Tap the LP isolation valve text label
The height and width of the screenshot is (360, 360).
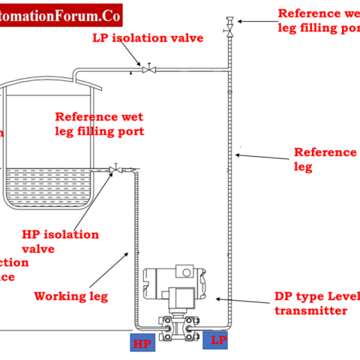pos(148,37)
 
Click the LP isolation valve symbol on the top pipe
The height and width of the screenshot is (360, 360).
pos(149,70)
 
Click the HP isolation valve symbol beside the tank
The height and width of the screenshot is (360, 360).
pos(115,169)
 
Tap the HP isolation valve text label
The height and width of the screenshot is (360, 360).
pos(60,241)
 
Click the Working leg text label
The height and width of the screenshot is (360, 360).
pos(70,296)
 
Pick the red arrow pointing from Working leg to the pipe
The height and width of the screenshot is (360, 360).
pos(116,269)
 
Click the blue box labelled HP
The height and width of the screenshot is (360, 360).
pos(142,343)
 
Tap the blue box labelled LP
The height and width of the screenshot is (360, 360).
pos(218,340)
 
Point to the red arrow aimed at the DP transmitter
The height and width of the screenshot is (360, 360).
pos(240,301)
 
